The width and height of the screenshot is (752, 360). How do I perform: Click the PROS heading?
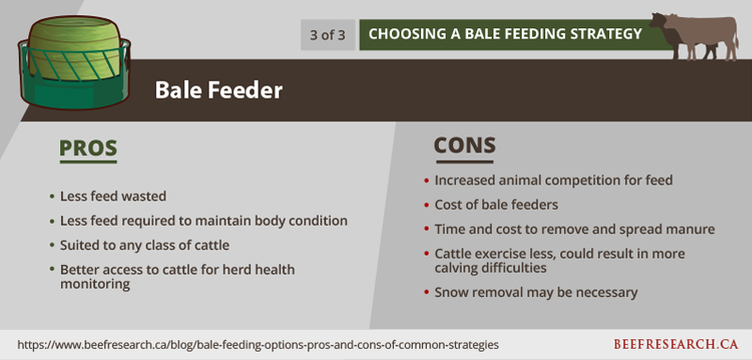[88, 149]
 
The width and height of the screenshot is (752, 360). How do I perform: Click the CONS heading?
[464, 146]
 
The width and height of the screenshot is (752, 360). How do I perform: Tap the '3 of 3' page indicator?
[327, 35]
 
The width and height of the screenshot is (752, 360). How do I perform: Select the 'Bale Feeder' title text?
[219, 90]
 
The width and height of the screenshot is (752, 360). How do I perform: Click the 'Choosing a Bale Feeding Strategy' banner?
[505, 34]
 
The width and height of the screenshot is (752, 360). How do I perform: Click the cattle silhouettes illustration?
[694, 37]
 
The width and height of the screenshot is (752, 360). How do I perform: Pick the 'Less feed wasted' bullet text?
[113, 196]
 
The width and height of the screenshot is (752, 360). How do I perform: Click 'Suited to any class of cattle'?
[145, 245]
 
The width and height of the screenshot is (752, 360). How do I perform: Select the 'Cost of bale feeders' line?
[496, 205]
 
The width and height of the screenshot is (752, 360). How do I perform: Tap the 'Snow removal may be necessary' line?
[536, 292]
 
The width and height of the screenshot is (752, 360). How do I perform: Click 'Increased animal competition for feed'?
[554, 180]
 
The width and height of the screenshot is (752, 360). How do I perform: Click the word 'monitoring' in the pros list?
[95, 284]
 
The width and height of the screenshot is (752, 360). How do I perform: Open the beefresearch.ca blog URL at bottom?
[258, 345]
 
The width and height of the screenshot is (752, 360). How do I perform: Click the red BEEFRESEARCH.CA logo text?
[676, 344]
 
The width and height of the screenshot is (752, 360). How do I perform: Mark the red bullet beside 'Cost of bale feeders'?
[427, 205]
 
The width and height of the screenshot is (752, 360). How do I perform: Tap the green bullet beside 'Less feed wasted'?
[52, 196]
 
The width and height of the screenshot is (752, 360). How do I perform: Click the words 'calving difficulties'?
[491, 268]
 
